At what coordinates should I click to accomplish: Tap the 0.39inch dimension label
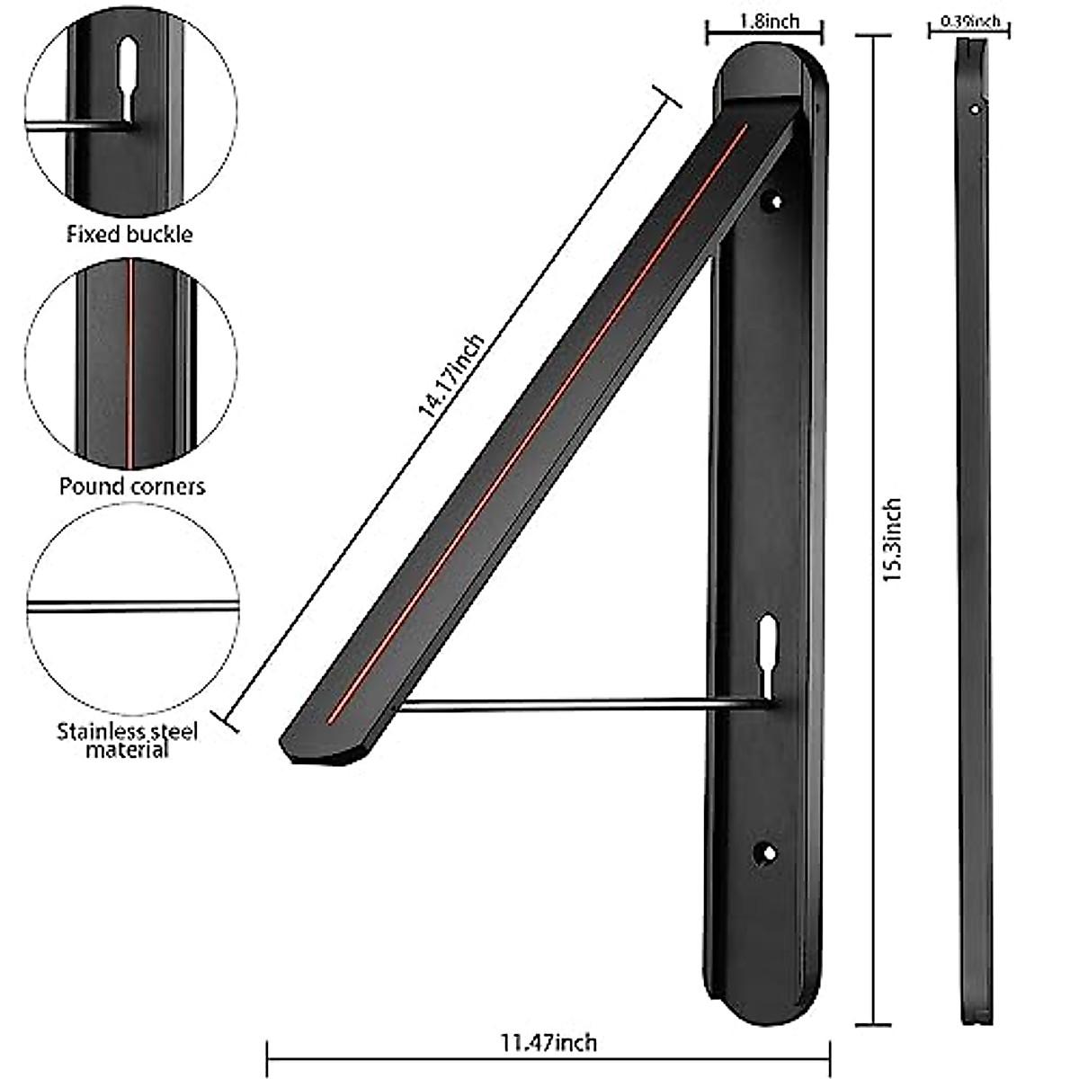pos(969,20)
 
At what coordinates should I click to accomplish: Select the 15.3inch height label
pos(891,539)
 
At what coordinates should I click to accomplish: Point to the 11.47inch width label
pos(548,1043)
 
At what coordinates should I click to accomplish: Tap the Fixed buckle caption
pos(129,235)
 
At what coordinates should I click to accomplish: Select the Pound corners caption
pos(132,486)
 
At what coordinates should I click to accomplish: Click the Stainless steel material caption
pos(128,740)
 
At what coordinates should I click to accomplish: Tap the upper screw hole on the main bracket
pos(771,202)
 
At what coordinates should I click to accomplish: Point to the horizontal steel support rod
pos(575,706)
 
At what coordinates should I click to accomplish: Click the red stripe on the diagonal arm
pos(539,423)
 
